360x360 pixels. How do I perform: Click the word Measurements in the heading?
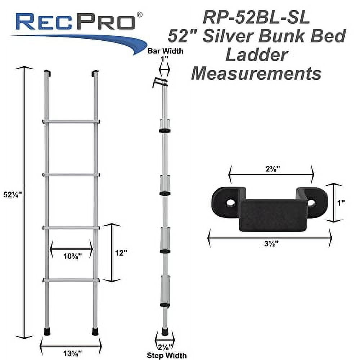pos(256,73)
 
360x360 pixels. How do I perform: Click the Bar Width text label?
pos(166,51)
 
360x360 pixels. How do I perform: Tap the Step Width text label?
pos(166,356)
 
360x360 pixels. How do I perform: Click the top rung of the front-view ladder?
pos(71,122)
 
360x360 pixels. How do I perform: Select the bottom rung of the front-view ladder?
pos(71,280)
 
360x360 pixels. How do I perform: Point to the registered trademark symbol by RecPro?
pos(140,14)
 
